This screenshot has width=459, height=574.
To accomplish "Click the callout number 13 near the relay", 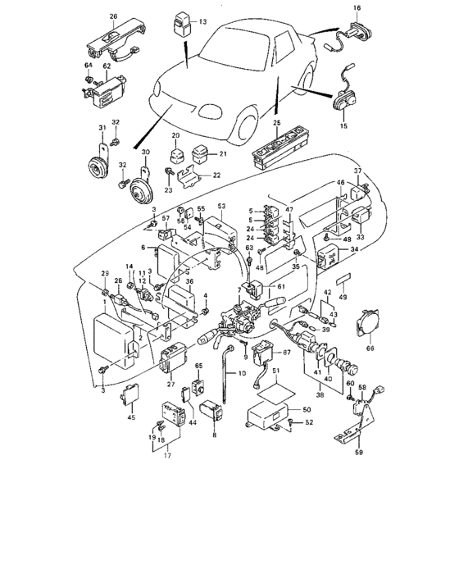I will pyautogui.click(x=202, y=20).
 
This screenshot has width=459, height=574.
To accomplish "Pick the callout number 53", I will pyautogui.click(x=221, y=207).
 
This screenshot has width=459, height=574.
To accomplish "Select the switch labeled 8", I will pyautogui.click(x=209, y=407).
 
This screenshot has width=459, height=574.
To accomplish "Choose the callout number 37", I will pyautogui.click(x=357, y=170).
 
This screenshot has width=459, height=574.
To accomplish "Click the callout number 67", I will pyautogui.click(x=287, y=353).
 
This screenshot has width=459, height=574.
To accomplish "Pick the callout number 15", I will pyautogui.click(x=343, y=127).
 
